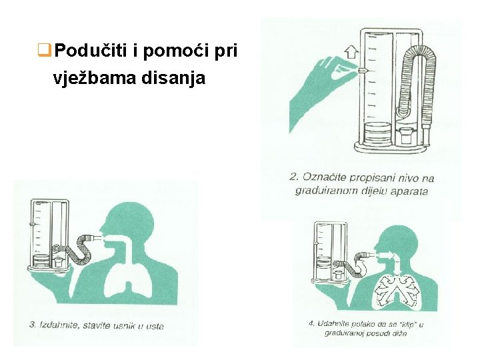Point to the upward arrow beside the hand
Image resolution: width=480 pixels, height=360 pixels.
point(352,51)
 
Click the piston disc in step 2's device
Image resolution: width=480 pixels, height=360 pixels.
point(377,128)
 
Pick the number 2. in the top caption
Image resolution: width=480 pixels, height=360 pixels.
point(295,177)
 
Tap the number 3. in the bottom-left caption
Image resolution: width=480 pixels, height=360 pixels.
point(33,325)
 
